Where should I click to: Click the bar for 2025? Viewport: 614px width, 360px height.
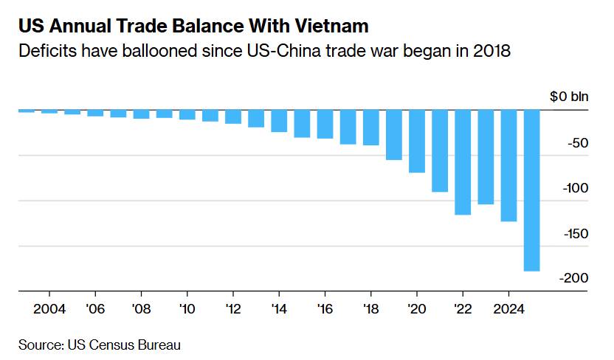532,190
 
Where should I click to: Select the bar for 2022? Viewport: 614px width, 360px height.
463,162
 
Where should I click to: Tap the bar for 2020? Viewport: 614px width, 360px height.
417,141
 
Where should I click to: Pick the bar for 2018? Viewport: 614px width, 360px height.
371,128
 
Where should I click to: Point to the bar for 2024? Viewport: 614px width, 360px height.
508,165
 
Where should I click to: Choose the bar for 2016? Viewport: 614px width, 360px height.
325,124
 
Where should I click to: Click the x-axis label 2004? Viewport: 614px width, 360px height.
49,308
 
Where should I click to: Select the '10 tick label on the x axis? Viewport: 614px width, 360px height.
187,308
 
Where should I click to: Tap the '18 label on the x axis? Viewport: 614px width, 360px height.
370,308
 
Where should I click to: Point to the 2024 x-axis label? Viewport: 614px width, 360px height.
508,308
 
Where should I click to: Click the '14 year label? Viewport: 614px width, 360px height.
278,308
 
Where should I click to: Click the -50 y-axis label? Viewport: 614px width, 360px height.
575,142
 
